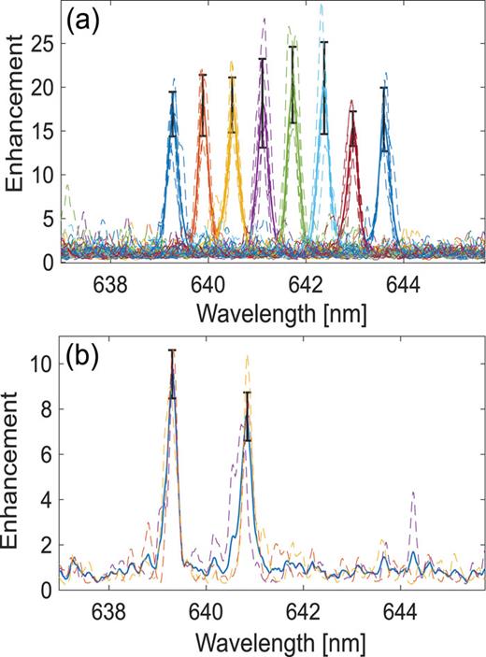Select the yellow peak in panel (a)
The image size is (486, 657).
pos(233,112)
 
